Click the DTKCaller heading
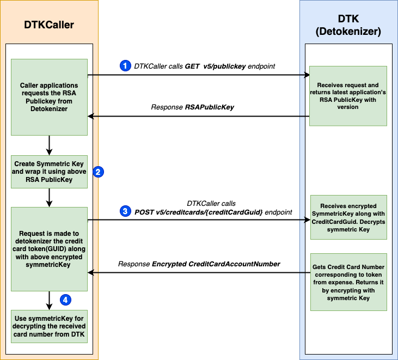click(49, 25)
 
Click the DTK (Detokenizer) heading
click(348, 26)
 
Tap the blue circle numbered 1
click(125, 65)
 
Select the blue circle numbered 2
click(99, 172)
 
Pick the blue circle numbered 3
click(125, 211)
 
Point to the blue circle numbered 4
click(65, 300)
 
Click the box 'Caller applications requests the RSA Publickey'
click(49, 97)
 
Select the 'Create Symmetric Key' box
click(49, 172)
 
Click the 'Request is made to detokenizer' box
click(49, 249)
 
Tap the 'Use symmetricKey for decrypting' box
click(49, 326)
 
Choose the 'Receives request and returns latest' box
click(348, 96)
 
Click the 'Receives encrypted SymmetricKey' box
click(348, 217)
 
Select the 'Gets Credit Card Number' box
click(348, 283)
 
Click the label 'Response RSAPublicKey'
click(192, 107)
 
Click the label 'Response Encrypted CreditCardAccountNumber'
click(199, 264)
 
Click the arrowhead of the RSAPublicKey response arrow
click(91, 116)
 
